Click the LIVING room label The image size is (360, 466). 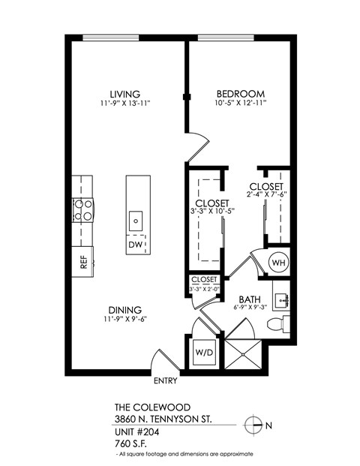[x=124, y=94]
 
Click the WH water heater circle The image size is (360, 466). [x=278, y=263]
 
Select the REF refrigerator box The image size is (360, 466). [x=83, y=262]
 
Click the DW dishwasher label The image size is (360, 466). [x=135, y=245]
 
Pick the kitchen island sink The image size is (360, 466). [x=136, y=221]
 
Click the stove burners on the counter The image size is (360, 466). [x=83, y=209]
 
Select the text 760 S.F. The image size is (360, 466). [x=133, y=443]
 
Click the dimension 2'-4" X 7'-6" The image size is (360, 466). [x=266, y=194]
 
